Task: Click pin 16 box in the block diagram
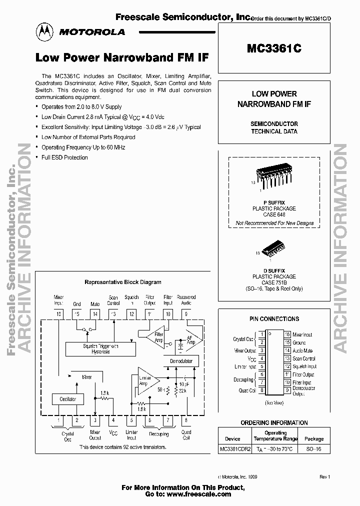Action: [x=59, y=313]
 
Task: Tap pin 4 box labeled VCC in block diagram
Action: [x=113, y=420]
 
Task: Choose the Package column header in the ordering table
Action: [x=314, y=438]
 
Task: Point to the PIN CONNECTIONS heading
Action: [x=274, y=318]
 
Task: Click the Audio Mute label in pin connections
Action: [x=302, y=350]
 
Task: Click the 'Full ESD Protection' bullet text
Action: [x=64, y=157]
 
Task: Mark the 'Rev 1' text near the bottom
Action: [x=325, y=477]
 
